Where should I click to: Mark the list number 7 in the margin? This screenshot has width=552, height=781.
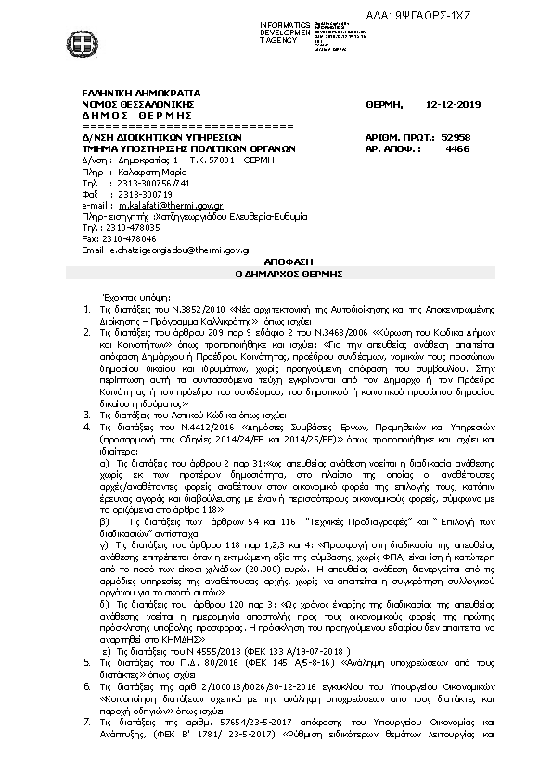86,747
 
